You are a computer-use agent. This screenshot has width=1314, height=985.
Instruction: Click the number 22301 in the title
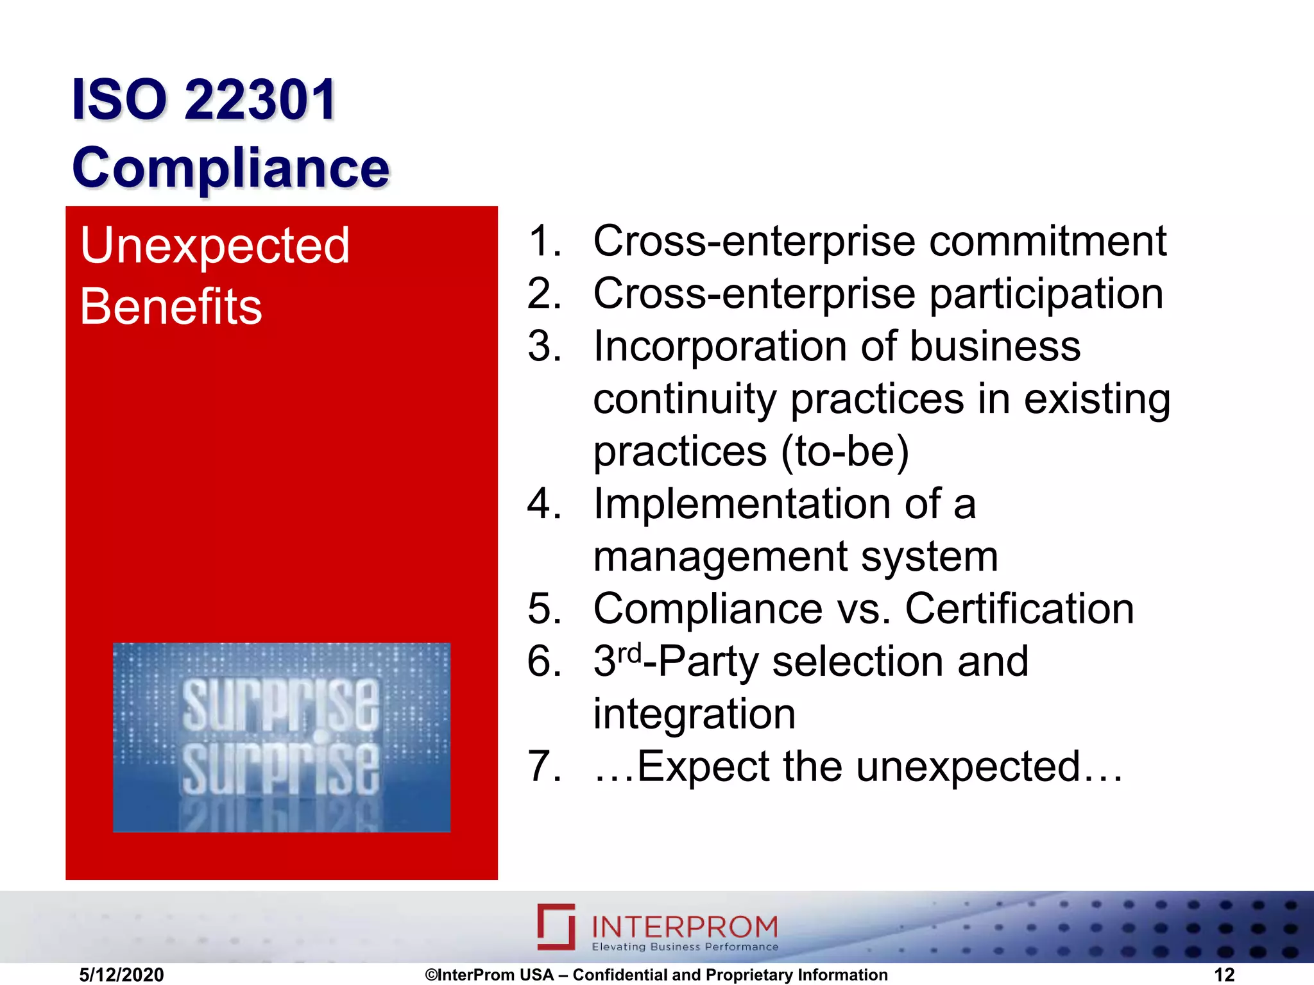pos(260,99)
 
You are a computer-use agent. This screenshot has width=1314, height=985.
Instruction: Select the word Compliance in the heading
pos(231,167)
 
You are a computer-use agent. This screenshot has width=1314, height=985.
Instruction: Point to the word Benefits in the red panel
pos(171,307)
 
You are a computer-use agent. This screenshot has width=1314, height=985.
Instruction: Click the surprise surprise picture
pos(282,737)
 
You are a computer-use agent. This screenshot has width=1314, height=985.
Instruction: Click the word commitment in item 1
pos(1048,242)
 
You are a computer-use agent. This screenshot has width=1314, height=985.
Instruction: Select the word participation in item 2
pos(1046,294)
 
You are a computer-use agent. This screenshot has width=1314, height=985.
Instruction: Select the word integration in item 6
pos(694,714)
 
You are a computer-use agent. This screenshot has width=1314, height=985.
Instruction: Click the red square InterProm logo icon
pos(556,927)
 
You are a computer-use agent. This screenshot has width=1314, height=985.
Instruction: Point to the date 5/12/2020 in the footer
pos(121,975)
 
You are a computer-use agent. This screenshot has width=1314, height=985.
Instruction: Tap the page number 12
pos(1224,975)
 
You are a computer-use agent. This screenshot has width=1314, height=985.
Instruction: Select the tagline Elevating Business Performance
pos(685,947)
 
